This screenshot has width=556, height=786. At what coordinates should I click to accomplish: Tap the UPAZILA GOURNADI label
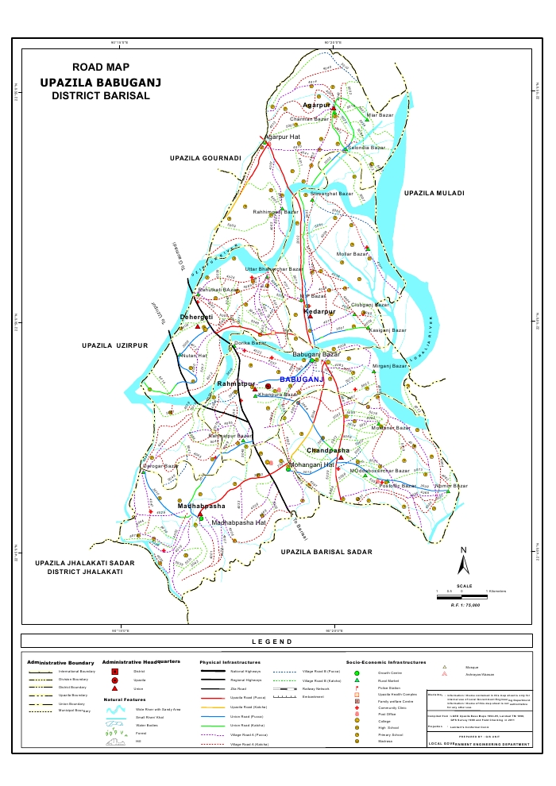pos(205,159)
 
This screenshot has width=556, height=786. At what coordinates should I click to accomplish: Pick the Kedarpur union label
pos(319,313)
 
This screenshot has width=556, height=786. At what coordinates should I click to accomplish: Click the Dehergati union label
pos(196,318)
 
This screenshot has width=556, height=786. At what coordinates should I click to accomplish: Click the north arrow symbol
pos(464,561)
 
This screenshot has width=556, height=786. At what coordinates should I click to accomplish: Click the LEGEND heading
pos(272,642)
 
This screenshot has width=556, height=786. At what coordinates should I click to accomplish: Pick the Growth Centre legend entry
pos(388,672)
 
